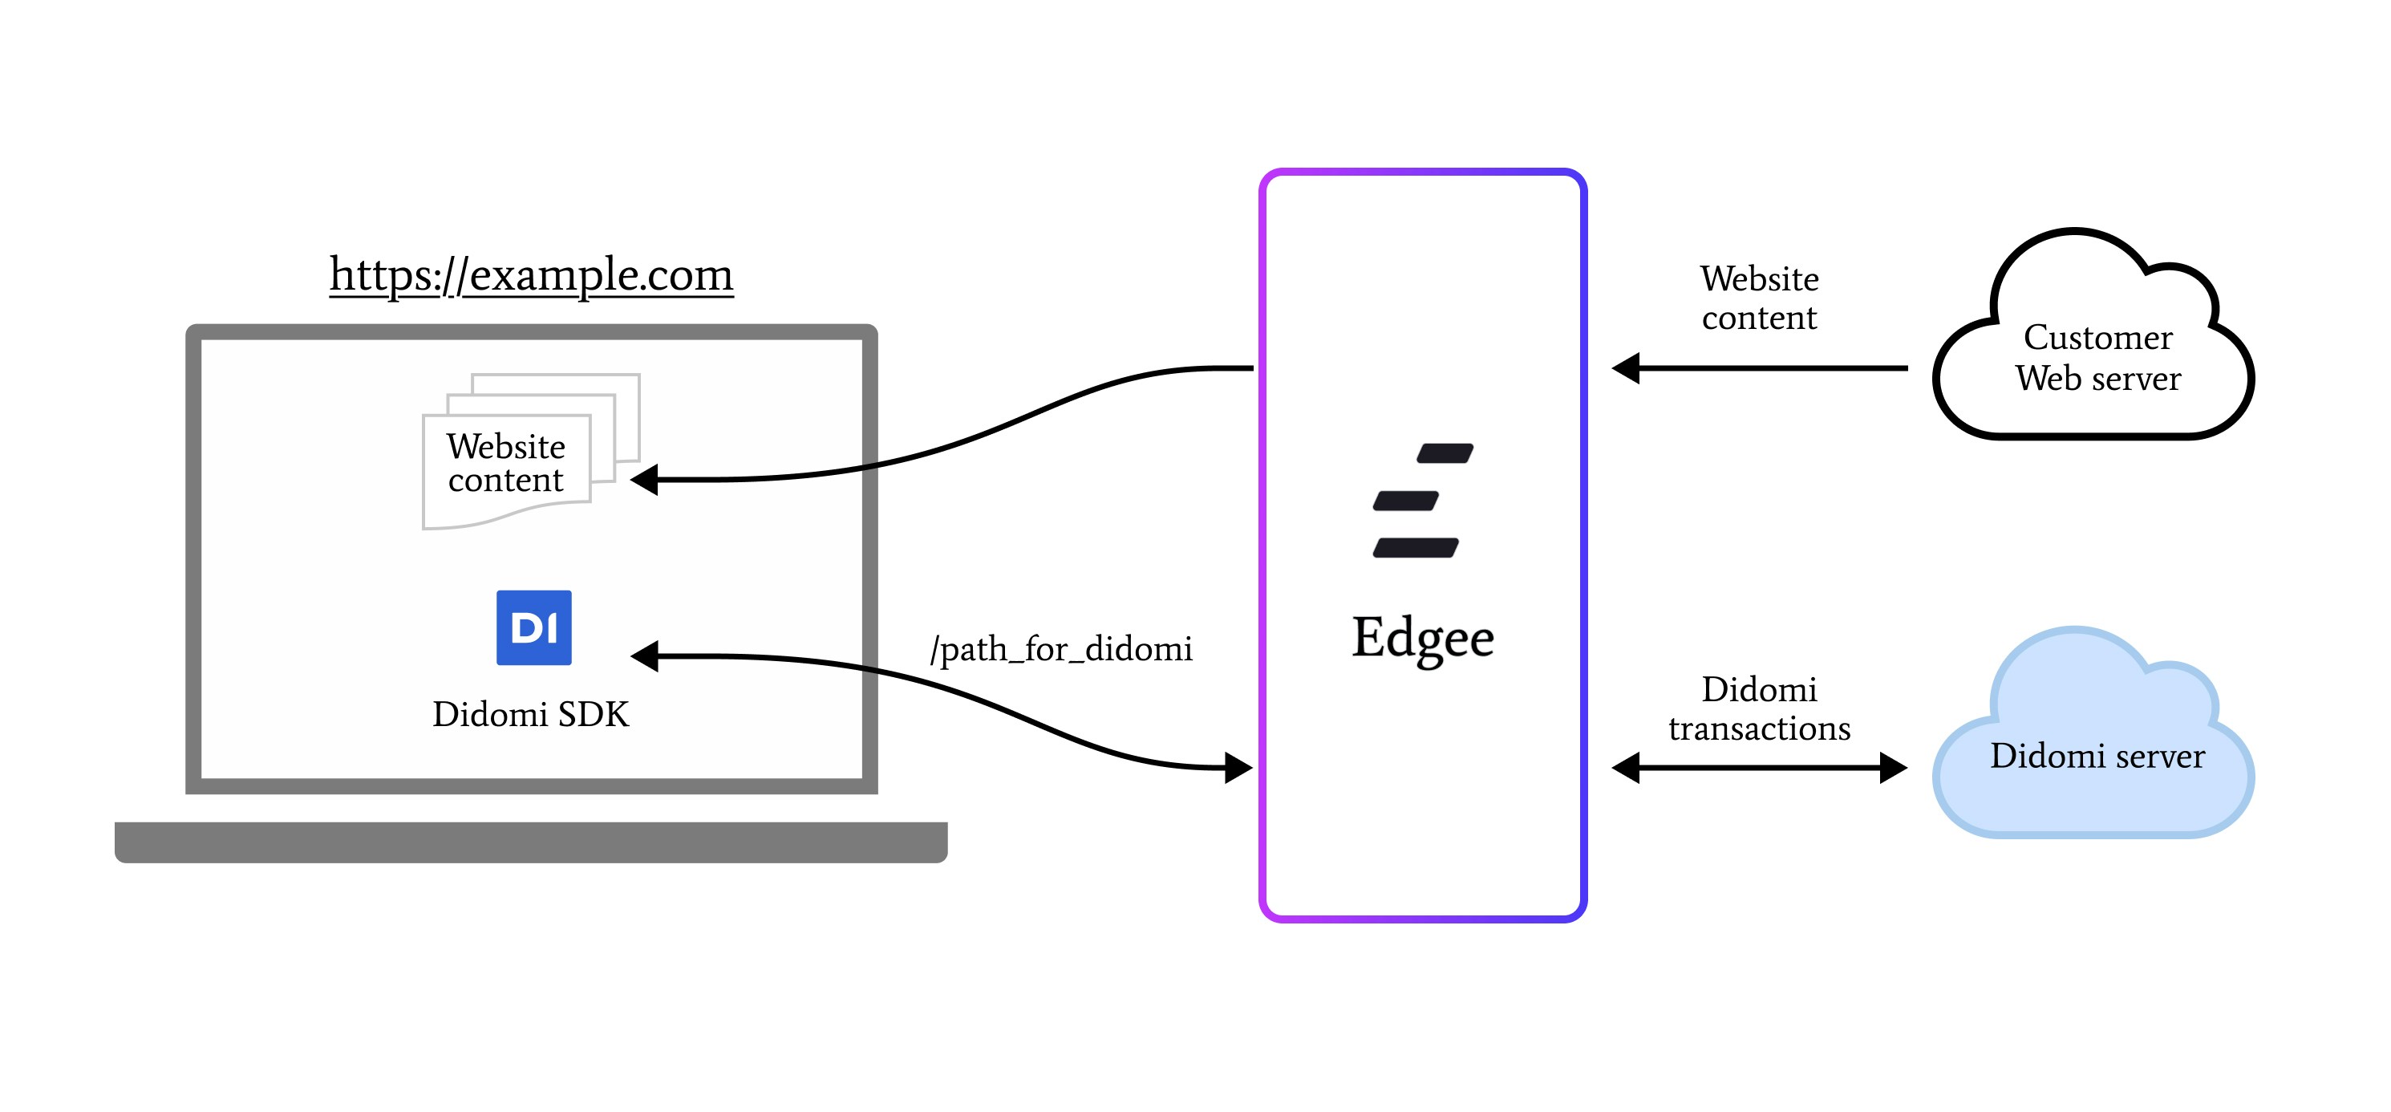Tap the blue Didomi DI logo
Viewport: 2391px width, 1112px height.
tap(533, 627)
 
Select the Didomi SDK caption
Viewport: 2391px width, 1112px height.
tap(530, 714)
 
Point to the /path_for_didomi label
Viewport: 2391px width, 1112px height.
tap(1061, 648)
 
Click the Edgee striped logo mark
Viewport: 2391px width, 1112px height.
tap(1421, 501)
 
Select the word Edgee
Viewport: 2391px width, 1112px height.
tap(1422, 638)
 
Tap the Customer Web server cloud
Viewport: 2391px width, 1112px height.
tap(2096, 357)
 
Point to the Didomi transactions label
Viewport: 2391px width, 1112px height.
tap(1759, 708)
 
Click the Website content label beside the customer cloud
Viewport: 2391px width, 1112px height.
tap(1759, 297)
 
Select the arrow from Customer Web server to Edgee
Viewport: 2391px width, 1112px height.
tap(1764, 368)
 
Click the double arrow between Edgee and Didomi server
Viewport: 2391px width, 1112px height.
tap(1759, 768)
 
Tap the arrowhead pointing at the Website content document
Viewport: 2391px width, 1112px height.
tap(645, 480)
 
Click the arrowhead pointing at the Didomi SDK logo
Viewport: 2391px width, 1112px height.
tap(645, 656)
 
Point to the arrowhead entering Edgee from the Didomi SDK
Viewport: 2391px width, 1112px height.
tap(1238, 768)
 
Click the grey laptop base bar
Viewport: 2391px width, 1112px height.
tap(531, 842)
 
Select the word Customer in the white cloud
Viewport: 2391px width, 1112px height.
tap(2097, 337)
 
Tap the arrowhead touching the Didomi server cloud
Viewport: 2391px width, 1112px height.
tap(1893, 768)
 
